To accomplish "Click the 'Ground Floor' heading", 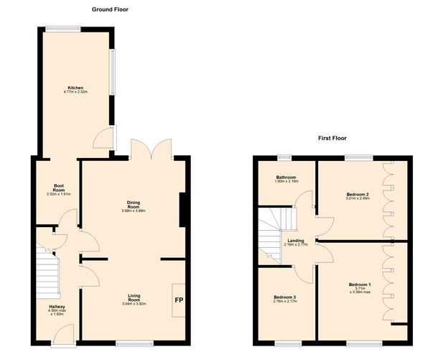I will coord(110,9).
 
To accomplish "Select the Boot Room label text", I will coord(59,190).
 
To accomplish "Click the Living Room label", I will coord(133,298).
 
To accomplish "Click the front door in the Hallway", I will coord(63,332).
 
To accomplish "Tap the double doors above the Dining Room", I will coord(151,149).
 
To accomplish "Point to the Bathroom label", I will coord(286,179).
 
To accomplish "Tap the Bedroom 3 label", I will coord(286,298).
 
